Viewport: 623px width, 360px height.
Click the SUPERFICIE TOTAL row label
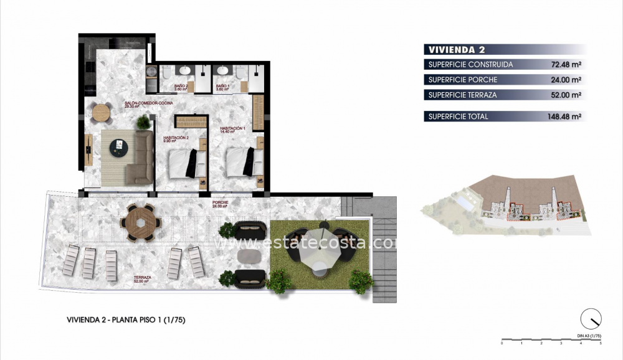pyautogui.click(x=459, y=116)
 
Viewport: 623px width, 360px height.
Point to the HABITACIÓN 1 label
pyautogui.click(x=232, y=130)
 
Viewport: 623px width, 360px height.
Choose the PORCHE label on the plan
pyautogui.click(x=219, y=204)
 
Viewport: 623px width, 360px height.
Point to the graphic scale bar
pyautogui.click(x=551, y=340)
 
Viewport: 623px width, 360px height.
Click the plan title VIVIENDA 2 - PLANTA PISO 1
pyautogui.click(x=126, y=320)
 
